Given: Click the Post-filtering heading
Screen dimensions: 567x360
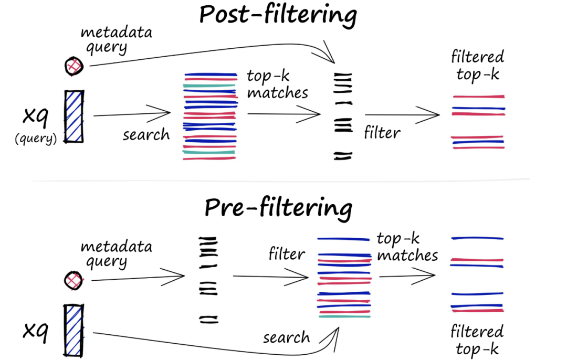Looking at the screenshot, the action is (278, 15).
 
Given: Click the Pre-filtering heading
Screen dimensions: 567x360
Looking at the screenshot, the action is (278, 207).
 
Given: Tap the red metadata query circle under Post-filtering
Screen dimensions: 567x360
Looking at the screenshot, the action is (74, 66).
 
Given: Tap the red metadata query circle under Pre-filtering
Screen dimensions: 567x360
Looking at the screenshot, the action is (74, 280).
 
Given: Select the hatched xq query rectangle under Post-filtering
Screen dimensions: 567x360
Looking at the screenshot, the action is (74, 117).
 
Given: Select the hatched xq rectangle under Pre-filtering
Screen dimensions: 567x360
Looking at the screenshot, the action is (74, 331).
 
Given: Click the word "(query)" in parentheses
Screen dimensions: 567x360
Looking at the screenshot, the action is (36, 139).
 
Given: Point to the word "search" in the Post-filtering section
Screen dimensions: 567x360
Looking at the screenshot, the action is (146, 135).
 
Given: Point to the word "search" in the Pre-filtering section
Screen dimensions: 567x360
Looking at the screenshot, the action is (287, 337).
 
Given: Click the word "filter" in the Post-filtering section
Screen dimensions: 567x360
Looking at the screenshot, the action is (382, 133).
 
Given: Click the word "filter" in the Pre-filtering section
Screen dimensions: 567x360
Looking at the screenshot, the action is (287, 254).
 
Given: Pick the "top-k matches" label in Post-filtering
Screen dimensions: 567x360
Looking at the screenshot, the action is (277, 84).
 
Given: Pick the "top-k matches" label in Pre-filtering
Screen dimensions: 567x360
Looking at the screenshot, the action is (407, 247).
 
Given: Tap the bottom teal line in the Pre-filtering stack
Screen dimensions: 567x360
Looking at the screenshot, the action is (344, 316).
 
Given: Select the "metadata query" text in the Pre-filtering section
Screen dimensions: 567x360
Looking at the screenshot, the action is (116, 254).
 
